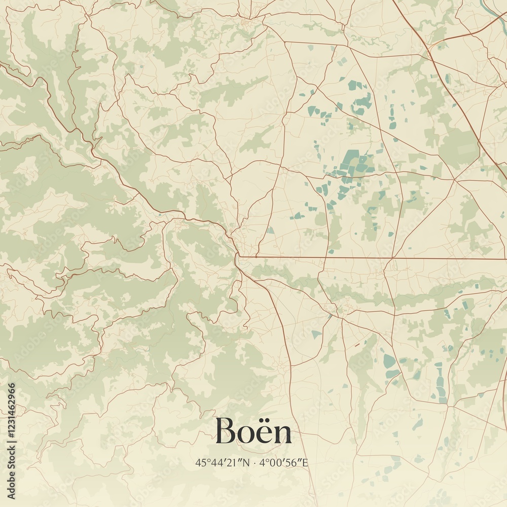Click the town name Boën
(x=253, y=431)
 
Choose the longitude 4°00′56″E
(x=284, y=462)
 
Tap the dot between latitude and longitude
(x=255, y=462)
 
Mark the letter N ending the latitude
(x=247, y=462)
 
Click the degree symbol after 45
(x=204, y=460)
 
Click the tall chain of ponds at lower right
(x=440, y=383)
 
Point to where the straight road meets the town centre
(x=238, y=258)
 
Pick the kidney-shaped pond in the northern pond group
(x=362, y=101)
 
